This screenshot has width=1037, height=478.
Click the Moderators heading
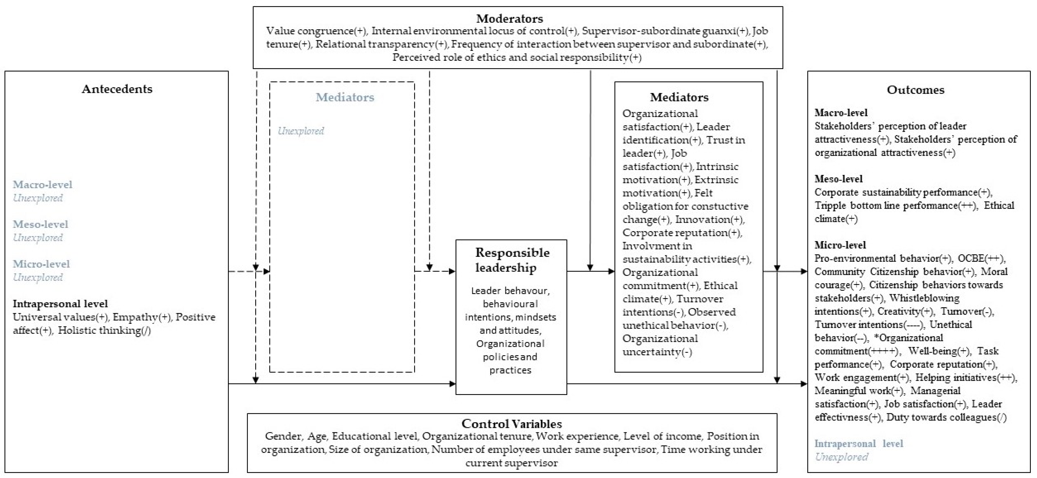(509, 19)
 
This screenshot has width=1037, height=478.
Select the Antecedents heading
(117, 89)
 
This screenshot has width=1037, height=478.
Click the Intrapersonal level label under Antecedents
(60, 304)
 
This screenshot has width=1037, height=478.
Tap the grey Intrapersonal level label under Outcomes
(858, 444)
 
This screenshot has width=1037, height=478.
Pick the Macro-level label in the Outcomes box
(841, 113)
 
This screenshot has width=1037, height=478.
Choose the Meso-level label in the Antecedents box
(40, 224)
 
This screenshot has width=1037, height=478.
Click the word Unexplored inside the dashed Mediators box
(301, 131)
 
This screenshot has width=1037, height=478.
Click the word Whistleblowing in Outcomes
(924, 298)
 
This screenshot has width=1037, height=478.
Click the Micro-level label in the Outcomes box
(840, 245)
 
